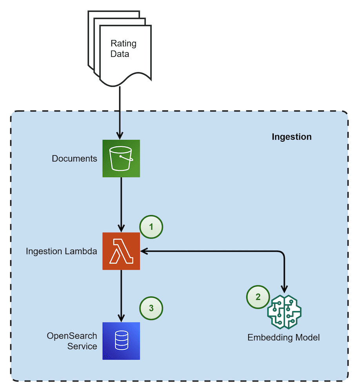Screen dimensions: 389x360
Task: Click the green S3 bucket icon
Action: (x=121, y=159)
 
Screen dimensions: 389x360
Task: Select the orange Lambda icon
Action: (x=121, y=251)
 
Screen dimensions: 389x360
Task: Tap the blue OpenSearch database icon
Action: (x=121, y=341)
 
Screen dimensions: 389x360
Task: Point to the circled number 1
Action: (x=151, y=227)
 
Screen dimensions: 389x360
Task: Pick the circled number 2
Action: (x=258, y=297)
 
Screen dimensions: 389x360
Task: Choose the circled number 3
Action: (x=151, y=308)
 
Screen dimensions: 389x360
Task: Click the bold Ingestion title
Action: (x=291, y=137)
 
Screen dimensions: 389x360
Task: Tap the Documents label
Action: (x=74, y=159)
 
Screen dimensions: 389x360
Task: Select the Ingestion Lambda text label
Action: (x=61, y=251)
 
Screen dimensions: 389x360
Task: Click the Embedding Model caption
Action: (x=284, y=338)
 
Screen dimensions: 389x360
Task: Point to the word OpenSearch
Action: (x=72, y=336)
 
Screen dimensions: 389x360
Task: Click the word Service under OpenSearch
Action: (x=82, y=346)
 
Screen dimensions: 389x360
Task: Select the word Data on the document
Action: (x=120, y=54)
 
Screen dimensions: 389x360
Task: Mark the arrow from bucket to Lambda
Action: (x=121, y=204)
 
